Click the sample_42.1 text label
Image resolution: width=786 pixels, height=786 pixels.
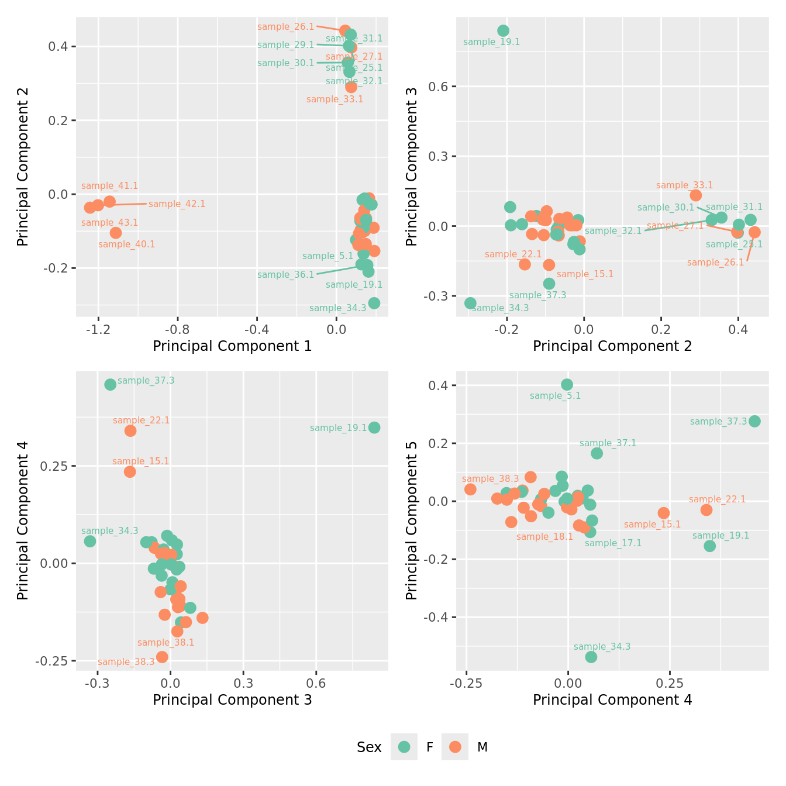pos(177,204)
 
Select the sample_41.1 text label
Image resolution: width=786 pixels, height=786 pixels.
pos(110,186)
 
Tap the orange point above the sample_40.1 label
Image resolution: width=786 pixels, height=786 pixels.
pos(116,233)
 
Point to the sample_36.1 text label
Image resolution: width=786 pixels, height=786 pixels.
pos(285,275)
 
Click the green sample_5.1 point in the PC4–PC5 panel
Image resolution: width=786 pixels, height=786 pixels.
pos(567,384)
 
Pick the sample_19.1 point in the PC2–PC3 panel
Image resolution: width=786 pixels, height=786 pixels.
pos(503,30)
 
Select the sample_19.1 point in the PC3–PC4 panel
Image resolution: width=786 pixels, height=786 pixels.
pos(374,428)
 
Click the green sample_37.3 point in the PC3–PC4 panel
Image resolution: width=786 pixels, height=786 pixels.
pos(110,384)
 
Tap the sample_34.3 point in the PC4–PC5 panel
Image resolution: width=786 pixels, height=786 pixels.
pos(591,657)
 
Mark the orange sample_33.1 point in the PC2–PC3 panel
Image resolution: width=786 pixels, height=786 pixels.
pos(695,195)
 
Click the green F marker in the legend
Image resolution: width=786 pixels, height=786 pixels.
pos(404,747)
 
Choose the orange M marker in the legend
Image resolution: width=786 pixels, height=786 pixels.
pos(455,747)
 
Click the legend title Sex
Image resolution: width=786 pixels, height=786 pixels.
pos(369,747)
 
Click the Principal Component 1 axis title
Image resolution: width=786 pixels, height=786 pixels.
pos(232,346)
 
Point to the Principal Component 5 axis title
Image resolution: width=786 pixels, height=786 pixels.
pos(411,520)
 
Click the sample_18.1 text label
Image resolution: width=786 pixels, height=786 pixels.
pos(545,537)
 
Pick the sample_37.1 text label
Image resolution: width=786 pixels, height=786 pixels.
pos(608,443)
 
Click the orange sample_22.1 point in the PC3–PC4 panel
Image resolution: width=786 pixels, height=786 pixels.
pos(130,431)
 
